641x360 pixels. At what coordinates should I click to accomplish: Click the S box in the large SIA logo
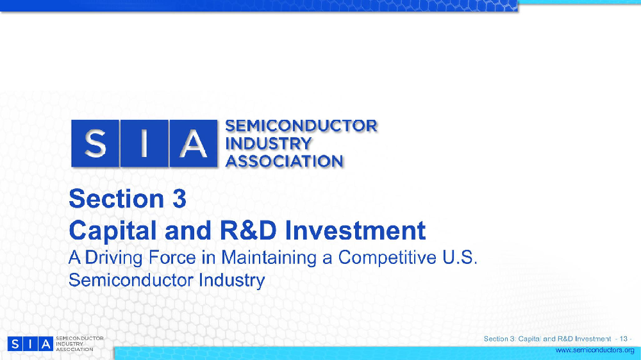tap(95, 144)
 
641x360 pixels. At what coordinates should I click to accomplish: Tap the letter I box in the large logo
tap(144, 144)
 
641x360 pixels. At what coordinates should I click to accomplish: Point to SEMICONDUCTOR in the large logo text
tap(302, 126)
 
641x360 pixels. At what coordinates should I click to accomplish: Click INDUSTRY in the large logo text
tap(269, 143)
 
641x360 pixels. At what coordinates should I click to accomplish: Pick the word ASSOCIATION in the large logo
tap(285, 161)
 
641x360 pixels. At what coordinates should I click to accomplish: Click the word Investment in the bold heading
tap(362, 231)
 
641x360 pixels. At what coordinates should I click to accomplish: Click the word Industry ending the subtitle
tap(231, 281)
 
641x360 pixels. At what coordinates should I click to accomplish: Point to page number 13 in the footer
tap(623, 338)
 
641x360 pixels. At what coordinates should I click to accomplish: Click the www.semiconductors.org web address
tap(594, 350)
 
